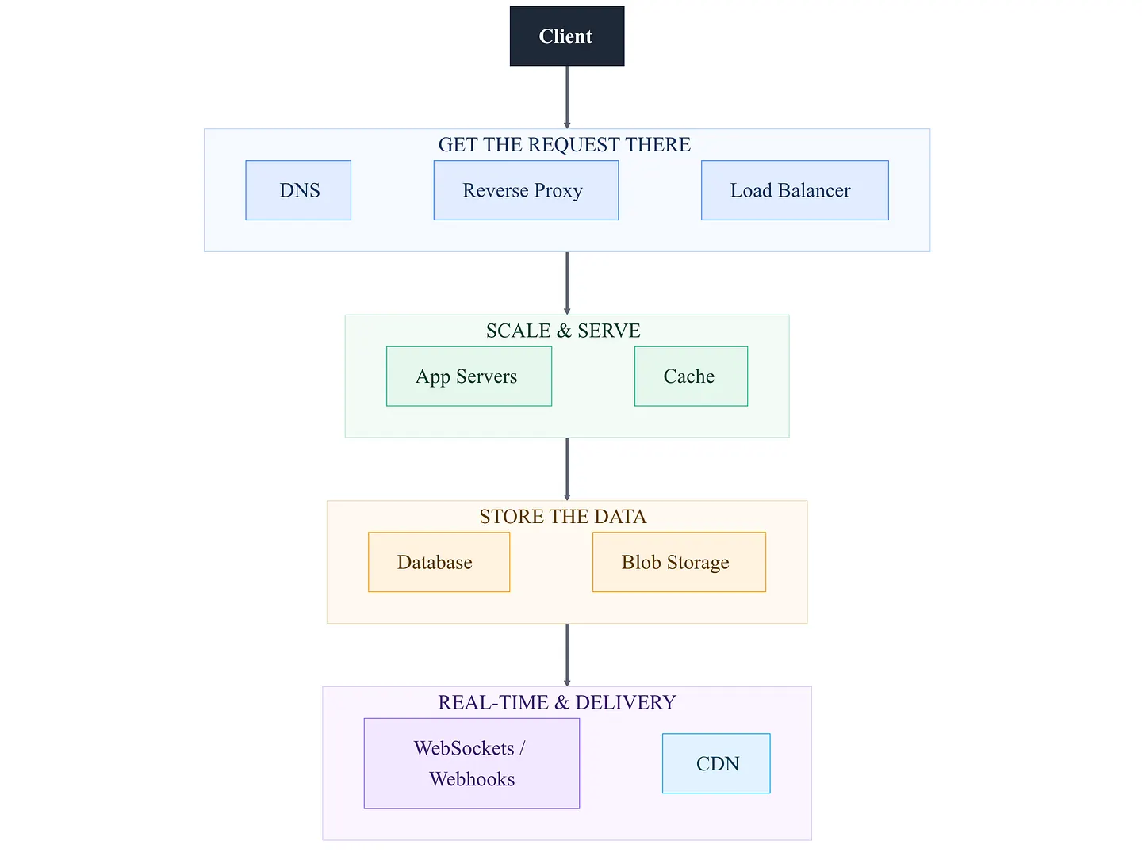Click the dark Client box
[x=566, y=36]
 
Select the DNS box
[x=298, y=190]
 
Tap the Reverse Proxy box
[x=526, y=190]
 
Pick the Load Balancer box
[x=795, y=190]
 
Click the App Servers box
[x=469, y=376]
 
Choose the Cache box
[x=691, y=376]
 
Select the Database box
[x=439, y=562]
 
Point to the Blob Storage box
[x=679, y=562]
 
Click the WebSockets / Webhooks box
[x=471, y=763]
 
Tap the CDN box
[x=716, y=763]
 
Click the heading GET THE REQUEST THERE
[x=564, y=144]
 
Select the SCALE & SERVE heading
[x=563, y=331]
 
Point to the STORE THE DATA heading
[x=563, y=516]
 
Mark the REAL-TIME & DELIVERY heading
[x=557, y=702]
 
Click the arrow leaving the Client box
[x=567, y=97]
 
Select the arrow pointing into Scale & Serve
[x=567, y=283]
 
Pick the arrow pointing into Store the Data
[x=567, y=468]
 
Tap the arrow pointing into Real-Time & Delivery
[x=567, y=655]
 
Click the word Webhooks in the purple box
[x=472, y=779]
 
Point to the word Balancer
[x=814, y=190]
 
